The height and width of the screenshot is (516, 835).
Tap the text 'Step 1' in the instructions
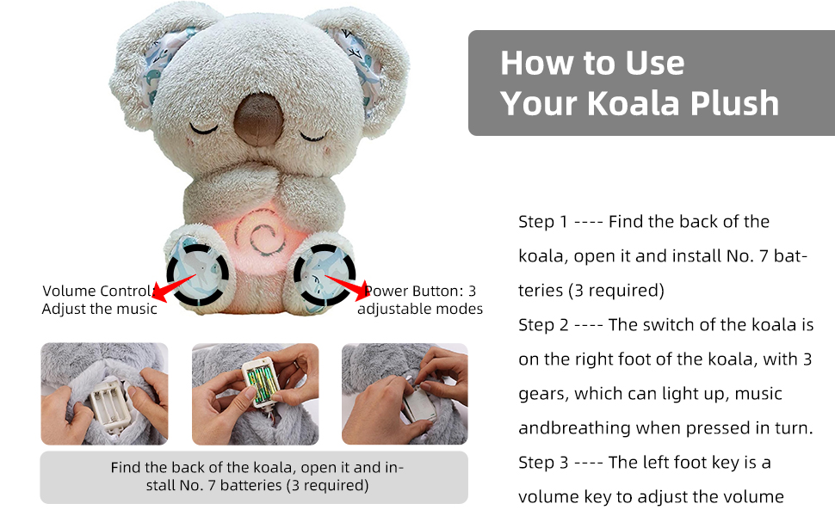click(542, 222)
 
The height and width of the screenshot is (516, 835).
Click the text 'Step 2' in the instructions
click(542, 325)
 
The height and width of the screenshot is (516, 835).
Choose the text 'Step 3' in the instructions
click(542, 463)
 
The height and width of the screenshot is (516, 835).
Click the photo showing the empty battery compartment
click(103, 394)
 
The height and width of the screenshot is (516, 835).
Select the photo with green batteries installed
click(255, 394)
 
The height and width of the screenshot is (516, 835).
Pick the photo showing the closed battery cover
click(405, 394)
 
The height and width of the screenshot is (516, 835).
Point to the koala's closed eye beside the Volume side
click(205, 129)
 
